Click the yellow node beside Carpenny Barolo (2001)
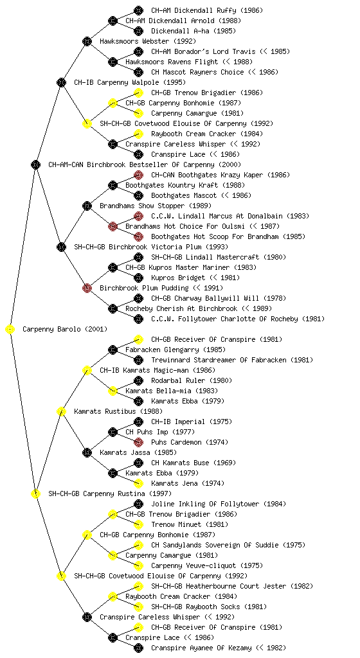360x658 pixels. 10,330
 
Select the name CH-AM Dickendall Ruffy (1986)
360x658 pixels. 207,10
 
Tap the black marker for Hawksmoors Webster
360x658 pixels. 87,41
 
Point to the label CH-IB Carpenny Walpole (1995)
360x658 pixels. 130,83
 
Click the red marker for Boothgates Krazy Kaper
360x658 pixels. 138,175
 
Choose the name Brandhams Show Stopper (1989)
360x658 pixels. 156,206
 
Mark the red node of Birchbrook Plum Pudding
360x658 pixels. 87,288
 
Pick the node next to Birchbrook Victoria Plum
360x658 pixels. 61,247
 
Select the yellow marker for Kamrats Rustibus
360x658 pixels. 61,412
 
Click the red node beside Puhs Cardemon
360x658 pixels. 138,442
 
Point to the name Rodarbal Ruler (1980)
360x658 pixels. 192,380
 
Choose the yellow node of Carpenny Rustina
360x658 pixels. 35,494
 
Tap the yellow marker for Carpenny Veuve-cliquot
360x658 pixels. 138,565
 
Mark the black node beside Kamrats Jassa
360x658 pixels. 87,453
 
